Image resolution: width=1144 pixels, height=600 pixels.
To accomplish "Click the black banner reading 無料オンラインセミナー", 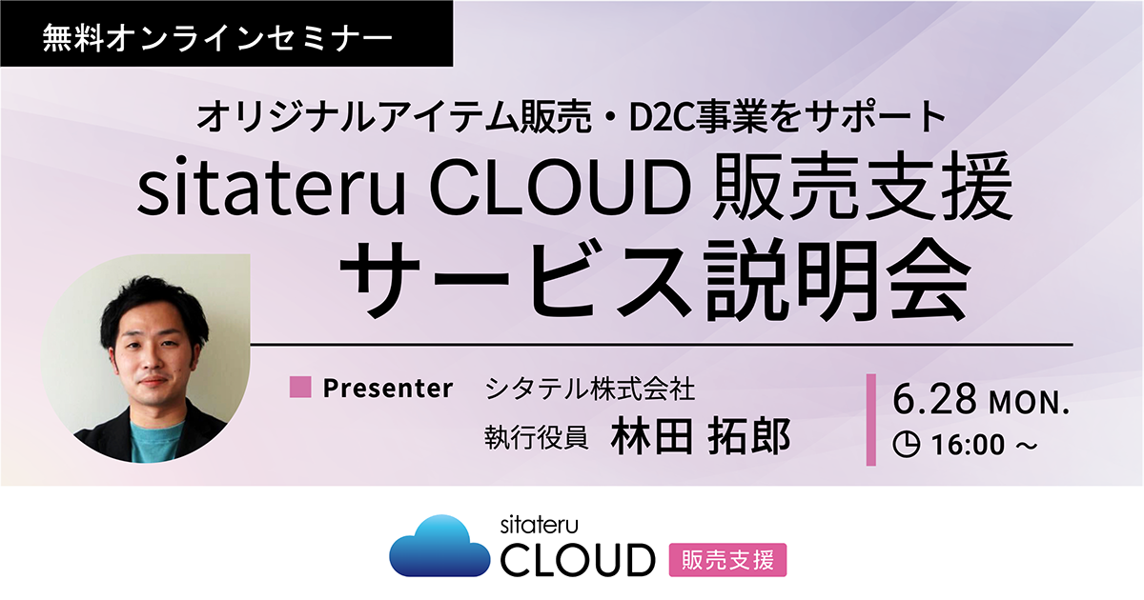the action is [226, 33].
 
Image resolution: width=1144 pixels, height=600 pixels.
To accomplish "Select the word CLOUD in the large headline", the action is [561, 189].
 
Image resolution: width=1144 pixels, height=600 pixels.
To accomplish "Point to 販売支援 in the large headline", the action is [863, 187].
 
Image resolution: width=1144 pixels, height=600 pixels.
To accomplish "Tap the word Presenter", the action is [388, 388].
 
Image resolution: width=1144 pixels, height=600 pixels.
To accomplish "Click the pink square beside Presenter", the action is [300, 387].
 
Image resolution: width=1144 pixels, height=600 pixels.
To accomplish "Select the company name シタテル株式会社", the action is [590, 389].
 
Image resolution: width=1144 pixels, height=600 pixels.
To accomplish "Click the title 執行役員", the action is [536, 438].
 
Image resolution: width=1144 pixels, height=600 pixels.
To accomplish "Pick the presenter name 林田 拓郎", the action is [700, 436].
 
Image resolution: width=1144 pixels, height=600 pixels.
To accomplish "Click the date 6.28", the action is [934, 399].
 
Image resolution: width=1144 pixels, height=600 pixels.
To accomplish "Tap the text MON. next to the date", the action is [1029, 403].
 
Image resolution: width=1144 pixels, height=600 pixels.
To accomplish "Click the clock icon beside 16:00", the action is [907, 444].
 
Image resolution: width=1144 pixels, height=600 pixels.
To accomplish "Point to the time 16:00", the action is [968, 445].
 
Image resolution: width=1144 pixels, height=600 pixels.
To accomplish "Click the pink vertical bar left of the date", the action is [871, 420].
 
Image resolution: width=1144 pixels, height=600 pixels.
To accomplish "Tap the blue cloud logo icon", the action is [439, 546].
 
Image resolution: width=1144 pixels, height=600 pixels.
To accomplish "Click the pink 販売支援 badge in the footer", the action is [727, 560].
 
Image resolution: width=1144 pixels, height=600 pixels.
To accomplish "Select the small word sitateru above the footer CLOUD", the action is [539, 525].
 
